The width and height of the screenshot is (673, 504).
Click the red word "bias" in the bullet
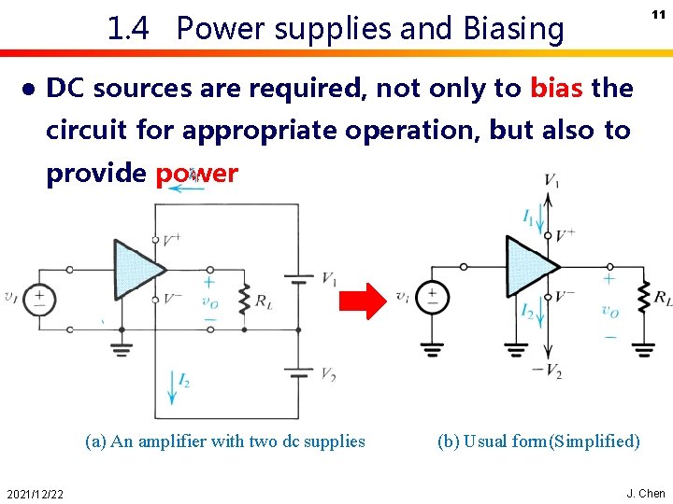(x=557, y=89)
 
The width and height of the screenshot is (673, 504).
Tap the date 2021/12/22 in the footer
(x=33, y=494)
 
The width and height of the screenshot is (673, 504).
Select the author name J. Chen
(x=646, y=493)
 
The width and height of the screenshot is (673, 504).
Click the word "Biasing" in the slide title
(x=511, y=30)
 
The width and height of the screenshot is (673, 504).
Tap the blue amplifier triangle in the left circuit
(x=136, y=269)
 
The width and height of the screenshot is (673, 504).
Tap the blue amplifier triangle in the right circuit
(x=527, y=265)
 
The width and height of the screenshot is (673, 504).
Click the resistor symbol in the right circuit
(x=643, y=298)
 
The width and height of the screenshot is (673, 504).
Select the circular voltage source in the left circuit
(x=39, y=300)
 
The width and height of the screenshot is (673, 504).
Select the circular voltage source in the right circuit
(x=432, y=297)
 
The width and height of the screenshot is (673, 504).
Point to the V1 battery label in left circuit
(x=330, y=278)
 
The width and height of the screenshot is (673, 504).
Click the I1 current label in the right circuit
(x=528, y=218)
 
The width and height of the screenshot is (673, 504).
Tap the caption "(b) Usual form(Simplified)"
(x=538, y=441)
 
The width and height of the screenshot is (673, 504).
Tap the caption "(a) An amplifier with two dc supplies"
(x=224, y=441)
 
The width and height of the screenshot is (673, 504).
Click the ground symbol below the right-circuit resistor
(x=643, y=350)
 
